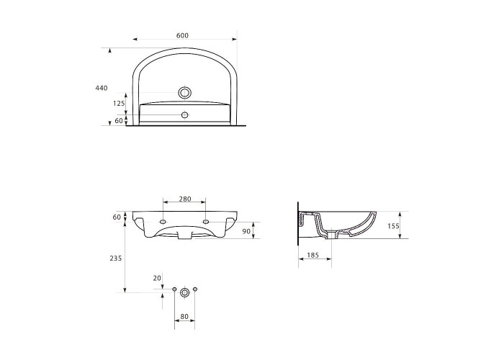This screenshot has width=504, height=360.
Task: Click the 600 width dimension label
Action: [182, 35]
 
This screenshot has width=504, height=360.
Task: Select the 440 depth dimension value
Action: [102, 88]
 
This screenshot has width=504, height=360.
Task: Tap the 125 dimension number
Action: [119, 104]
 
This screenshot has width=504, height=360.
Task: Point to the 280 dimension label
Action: [185, 199]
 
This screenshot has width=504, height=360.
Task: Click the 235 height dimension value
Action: [116, 258]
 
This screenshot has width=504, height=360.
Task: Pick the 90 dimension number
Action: [246, 231]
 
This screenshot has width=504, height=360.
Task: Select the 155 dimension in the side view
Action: [393, 226]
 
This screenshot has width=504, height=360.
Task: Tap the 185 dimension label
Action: [312, 255]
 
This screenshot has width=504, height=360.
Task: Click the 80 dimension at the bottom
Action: [184, 317]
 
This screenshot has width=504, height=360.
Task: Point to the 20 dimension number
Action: [157, 278]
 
